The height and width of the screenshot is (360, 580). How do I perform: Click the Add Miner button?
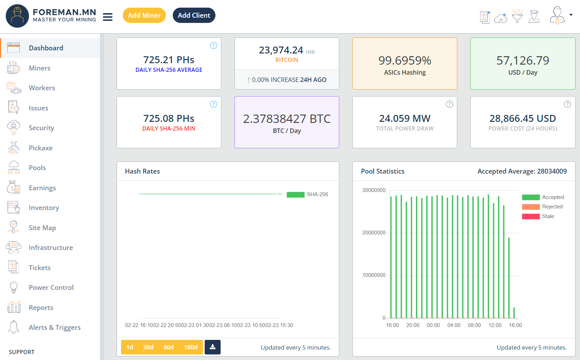click(x=144, y=15)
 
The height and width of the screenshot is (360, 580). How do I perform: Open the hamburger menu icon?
click(x=108, y=17)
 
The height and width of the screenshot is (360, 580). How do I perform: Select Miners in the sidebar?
click(x=40, y=68)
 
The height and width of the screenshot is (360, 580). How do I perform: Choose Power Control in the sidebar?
click(x=51, y=287)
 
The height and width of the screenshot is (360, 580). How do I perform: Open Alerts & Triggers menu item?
click(x=54, y=327)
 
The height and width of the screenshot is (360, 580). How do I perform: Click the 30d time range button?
click(x=148, y=347)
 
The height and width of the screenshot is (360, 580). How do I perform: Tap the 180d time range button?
click(x=190, y=347)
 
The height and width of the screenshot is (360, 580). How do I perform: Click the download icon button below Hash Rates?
click(x=213, y=347)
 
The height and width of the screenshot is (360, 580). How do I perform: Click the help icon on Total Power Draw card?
click(x=449, y=104)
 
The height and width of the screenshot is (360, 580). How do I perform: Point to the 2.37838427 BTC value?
click(x=287, y=119)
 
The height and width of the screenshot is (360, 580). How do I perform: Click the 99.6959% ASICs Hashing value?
click(x=404, y=60)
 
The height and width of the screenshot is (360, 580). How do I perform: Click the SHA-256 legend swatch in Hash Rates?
click(x=295, y=194)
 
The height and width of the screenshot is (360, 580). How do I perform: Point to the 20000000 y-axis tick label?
click(x=374, y=233)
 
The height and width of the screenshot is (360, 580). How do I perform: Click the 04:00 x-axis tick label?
click(x=454, y=325)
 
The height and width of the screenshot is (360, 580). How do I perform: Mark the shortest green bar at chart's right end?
click(x=514, y=313)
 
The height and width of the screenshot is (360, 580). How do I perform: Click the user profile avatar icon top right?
click(x=557, y=15)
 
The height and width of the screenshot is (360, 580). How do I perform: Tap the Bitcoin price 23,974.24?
click(x=281, y=50)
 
